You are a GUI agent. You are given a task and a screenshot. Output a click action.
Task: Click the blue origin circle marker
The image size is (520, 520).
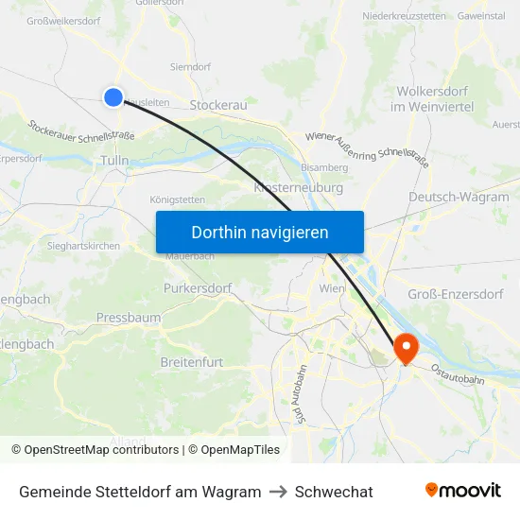(x=113, y=96)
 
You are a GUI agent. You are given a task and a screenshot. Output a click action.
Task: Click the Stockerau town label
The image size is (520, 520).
(x=218, y=105)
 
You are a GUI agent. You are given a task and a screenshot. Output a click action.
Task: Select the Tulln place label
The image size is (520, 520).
(x=113, y=162)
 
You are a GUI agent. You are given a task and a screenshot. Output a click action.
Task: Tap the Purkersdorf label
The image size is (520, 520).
(x=198, y=287)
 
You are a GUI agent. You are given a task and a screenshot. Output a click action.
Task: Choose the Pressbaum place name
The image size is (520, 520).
(x=129, y=318)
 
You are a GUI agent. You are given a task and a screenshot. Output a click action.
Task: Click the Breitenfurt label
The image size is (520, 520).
(x=193, y=362)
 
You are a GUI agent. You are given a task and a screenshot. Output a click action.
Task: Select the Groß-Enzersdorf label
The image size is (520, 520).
(x=455, y=294)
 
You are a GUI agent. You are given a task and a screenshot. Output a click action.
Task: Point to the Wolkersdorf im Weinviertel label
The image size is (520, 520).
(x=435, y=99)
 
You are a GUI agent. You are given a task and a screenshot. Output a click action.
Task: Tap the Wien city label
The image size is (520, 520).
(x=332, y=287)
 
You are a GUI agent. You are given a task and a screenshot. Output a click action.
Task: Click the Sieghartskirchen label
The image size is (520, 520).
(x=84, y=245)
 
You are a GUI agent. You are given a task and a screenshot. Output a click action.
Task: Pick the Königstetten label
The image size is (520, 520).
(x=177, y=199)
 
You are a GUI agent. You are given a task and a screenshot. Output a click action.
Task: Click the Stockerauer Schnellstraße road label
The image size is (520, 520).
(x=81, y=130)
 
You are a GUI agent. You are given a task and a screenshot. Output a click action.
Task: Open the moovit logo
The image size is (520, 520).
(x=462, y=491)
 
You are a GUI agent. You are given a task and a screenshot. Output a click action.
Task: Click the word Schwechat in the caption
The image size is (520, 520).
(x=334, y=492)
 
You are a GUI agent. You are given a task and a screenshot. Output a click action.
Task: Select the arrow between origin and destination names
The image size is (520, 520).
(x=278, y=492)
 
